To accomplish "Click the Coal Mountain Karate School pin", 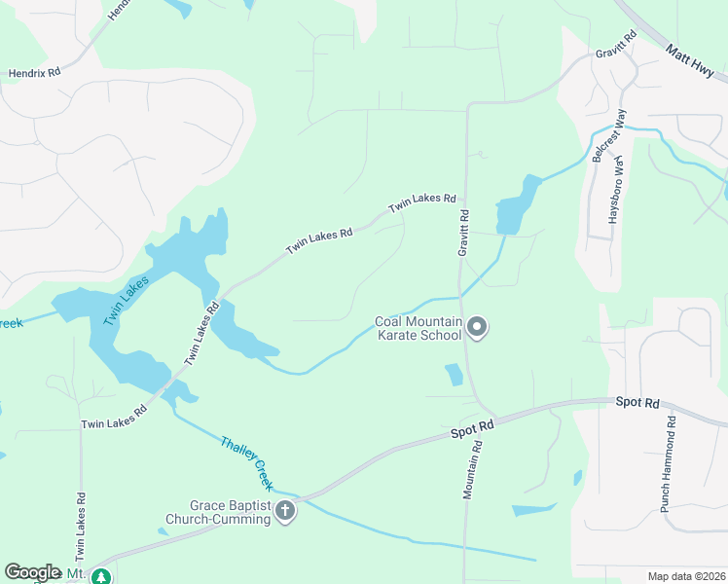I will [x=477, y=328].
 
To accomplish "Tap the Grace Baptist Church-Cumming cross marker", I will [x=285, y=511].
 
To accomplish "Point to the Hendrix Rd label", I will [x=34, y=72].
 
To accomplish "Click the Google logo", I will [x=32, y=571].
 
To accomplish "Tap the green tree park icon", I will [x=100, y=577].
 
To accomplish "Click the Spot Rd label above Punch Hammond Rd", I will [x=637, y=402].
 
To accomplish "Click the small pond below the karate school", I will [x=454, y=375].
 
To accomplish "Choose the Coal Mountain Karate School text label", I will [x=418, y=329].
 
